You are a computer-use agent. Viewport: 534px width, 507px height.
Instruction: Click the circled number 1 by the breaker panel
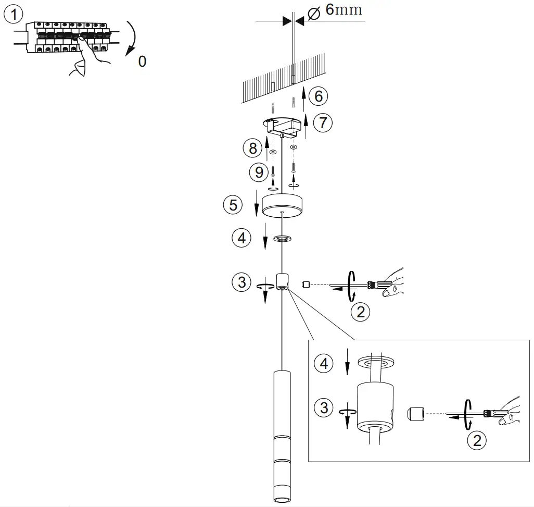coord(14,14)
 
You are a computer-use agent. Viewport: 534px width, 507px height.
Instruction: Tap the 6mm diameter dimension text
coord(343,10)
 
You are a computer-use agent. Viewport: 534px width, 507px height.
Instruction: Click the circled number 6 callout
coord(319,95)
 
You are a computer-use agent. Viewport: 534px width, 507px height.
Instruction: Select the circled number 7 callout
coord(323,122)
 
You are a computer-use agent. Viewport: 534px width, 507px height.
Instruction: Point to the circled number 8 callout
coord(253,148)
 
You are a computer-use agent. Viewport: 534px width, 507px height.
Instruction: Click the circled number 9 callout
coord(259,172)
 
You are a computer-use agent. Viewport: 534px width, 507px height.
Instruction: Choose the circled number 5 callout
coord(233,205)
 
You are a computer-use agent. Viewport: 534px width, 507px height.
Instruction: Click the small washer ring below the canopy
coord(283,239)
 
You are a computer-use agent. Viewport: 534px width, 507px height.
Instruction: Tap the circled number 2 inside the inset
coord(476,440)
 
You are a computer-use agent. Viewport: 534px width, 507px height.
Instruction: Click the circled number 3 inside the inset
coord(324,407)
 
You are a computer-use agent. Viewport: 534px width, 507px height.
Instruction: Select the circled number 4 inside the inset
coord(324,363)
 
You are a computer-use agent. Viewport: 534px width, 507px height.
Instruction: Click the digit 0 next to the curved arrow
coord(142,61)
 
